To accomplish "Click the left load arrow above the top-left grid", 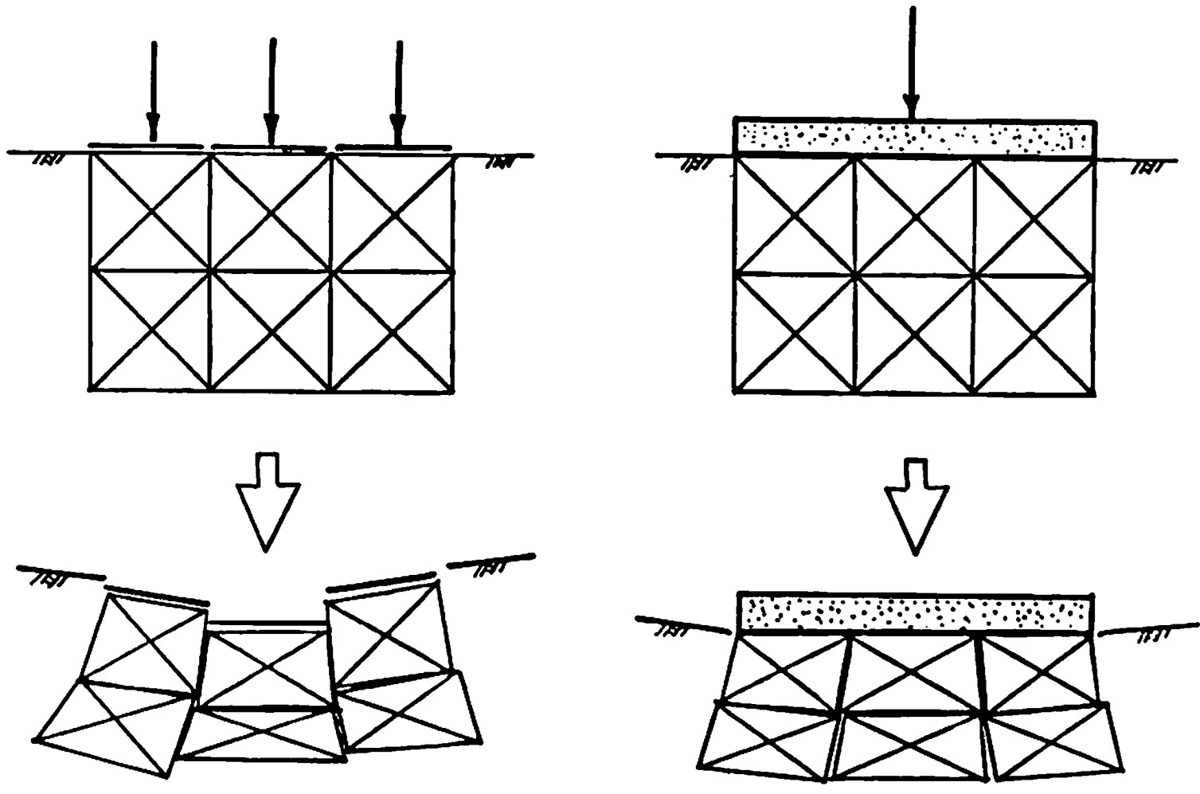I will pos(153,92).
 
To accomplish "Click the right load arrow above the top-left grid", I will pos(398,92).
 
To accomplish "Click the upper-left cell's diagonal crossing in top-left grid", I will pos(150,212).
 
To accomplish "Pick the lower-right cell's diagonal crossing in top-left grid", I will pos(392,330).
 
